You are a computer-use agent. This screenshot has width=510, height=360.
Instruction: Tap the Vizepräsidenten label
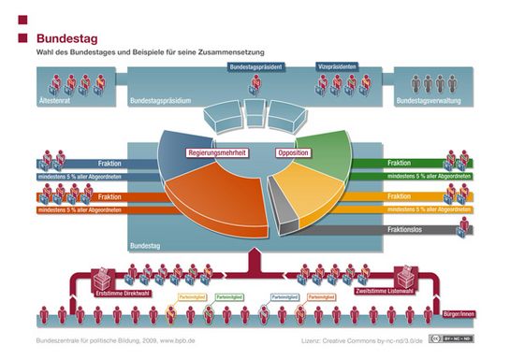tap(338, 67)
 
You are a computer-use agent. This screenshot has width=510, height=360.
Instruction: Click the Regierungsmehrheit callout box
tap(216, 152)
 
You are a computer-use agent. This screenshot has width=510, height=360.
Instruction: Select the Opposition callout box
tap(293, 152)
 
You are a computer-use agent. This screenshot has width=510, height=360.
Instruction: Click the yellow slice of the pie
tap(313, 201)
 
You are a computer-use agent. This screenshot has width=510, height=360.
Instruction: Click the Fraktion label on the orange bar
tap(109, 196)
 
